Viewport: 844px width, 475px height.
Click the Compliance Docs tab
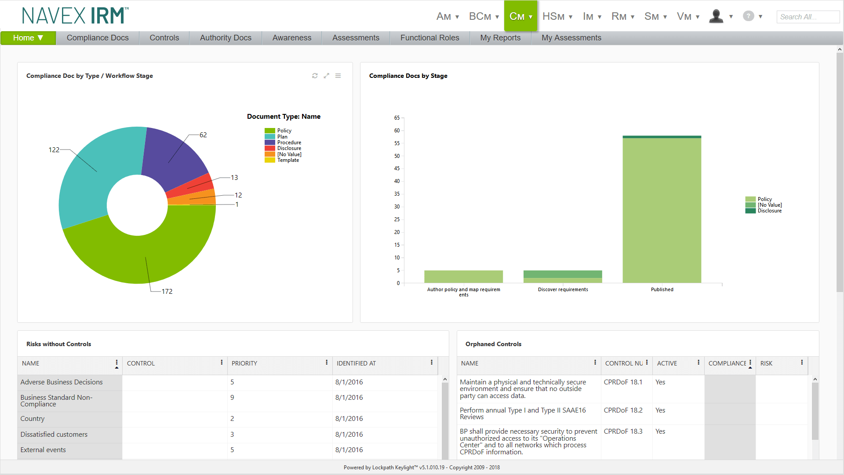(x=98, y=38)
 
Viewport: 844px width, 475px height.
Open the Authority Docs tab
(x=226, y=38)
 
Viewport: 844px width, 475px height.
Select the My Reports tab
(x=500, y=38)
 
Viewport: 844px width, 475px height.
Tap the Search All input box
(x=808, y=17)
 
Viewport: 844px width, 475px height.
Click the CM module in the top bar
(x=520, y=16)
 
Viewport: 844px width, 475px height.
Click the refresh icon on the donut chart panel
(x=315, y=76)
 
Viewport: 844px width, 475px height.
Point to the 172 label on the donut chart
(x=167, y=292)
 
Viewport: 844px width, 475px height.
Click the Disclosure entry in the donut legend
(x=289, y=148)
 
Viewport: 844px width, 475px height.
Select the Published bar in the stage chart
(x=662, y=211)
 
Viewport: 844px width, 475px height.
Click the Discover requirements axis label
(x=563, y=289)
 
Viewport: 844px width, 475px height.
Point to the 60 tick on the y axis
(x=397, y=131)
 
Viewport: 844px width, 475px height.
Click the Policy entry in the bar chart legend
(x=764, y=199)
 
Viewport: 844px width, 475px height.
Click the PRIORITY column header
(x=244, y=363)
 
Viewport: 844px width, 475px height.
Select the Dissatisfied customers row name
(x=54, y=435)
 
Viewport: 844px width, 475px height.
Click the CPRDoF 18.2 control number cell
(x=623, y=410)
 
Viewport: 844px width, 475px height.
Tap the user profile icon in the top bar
(x=717, y=16)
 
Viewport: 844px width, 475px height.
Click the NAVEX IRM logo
(x=75, y=16)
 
